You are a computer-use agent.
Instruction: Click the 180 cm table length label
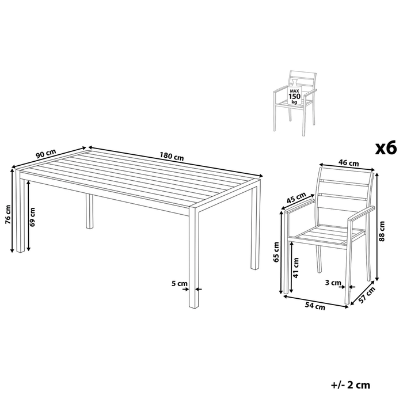[x=172, y=156]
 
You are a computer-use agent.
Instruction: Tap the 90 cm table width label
[x=45, y=154]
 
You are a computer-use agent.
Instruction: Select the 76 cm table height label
[x=8, y=214]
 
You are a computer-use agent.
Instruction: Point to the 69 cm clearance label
[x=32, y=217]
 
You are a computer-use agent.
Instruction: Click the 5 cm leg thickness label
[x=180, y=284]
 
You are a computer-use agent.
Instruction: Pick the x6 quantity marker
[x=386, y=149]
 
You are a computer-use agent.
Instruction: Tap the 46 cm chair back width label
[x=348, y=162]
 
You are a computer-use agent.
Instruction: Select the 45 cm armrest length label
[x=296, y=198]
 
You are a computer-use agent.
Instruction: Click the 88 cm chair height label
[x=382, y=231]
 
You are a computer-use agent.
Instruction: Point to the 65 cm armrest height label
[x=276, y=252]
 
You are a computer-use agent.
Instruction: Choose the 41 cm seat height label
[x=296, y=268]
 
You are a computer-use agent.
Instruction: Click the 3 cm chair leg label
[x=333, y=283]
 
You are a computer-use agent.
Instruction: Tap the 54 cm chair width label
[x=315, y=306]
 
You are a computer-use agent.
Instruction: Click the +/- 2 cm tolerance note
[x=351, y=385]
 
